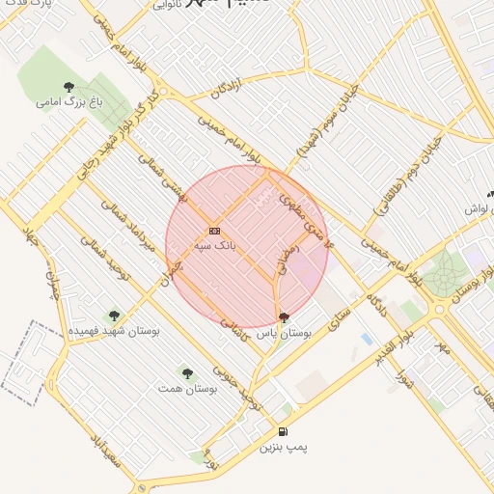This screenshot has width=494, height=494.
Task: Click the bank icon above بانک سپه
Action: (213, 231)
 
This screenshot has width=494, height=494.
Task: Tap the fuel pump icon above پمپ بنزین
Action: (282, 431)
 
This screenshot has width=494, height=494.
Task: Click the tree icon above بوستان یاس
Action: (282, 316)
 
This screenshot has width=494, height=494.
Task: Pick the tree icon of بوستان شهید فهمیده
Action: (114, 316)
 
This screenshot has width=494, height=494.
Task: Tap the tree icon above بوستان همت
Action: (186, 372)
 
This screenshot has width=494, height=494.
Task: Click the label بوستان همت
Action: (183, 388)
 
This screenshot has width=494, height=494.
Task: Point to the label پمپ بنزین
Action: (284, 448)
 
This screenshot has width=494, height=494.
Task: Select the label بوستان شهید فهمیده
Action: (114, 331)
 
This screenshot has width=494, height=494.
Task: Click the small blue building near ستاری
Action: (366, 339)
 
